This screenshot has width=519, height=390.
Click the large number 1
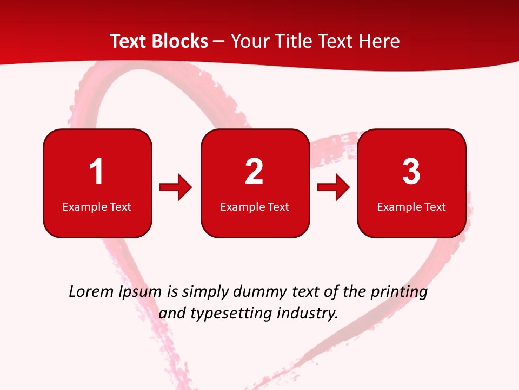click(x=96, y=172)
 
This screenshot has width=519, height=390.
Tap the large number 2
click(x=254, y=172)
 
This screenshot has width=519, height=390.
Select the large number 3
click(x=411, y=172)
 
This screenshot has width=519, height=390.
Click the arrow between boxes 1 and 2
click(x=176, y=187)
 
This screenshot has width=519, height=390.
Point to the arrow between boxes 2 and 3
click(x=334, y=187)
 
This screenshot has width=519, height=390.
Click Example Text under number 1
click(x=97, y=206)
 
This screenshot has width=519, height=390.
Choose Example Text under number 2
click(x=255, y=206)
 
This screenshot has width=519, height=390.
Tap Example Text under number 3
click(x=411, y=206)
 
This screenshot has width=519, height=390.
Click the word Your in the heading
click(x=249, y=41)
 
